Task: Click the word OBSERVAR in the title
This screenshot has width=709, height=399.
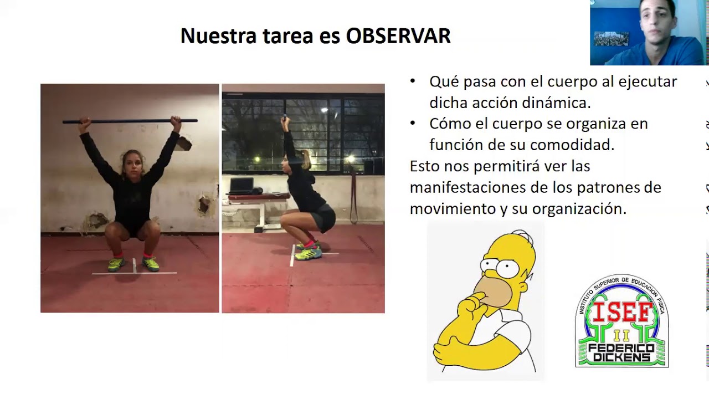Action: tap(398, 36)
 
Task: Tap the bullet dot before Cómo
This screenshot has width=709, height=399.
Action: tap(413, 123)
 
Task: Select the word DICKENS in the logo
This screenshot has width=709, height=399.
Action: tap(622, 357)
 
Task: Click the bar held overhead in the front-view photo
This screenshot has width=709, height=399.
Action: tap(130, 120)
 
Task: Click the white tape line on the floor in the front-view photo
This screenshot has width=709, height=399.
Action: tap(135, 272)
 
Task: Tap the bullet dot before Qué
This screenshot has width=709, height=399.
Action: tap(413, 81)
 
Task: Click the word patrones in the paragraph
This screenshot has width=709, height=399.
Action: tap(600, 187)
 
